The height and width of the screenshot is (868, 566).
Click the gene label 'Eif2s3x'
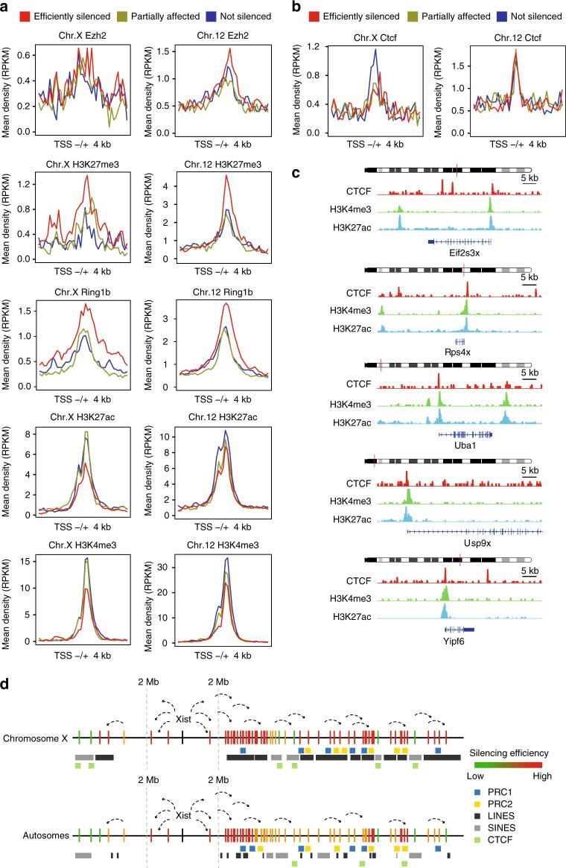[460, 253]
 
